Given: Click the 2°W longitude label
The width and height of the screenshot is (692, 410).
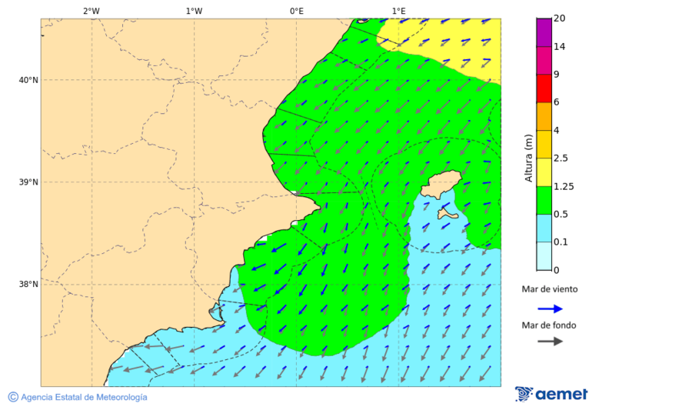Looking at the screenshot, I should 91,11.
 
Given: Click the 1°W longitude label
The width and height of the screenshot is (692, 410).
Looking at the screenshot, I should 194,11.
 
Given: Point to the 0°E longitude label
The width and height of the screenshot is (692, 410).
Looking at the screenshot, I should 296,11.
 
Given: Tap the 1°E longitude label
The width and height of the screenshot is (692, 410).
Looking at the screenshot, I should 398,11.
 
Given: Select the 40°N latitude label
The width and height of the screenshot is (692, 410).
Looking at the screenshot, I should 28,80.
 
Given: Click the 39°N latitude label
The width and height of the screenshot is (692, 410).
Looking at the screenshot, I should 28,182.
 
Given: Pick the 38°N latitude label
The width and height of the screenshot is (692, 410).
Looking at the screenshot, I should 28,285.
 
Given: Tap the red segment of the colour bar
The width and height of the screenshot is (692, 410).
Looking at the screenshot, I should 544,88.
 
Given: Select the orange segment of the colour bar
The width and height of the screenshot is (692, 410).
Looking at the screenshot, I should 544,116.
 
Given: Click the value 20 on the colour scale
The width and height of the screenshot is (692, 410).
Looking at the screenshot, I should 560,18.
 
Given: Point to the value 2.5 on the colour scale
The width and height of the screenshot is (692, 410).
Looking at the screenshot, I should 561,158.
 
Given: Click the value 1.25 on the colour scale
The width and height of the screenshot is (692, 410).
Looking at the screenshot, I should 564,186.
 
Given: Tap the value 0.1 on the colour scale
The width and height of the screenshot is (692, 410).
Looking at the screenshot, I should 561,242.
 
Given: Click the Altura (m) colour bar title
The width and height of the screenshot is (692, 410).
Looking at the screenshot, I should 528,158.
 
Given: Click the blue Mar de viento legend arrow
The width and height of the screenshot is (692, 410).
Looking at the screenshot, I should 550,308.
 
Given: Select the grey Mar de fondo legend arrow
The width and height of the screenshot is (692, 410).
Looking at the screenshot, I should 550,342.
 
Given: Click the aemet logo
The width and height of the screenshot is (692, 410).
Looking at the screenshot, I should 551,394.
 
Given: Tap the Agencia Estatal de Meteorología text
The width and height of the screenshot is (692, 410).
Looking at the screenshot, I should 83,397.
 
